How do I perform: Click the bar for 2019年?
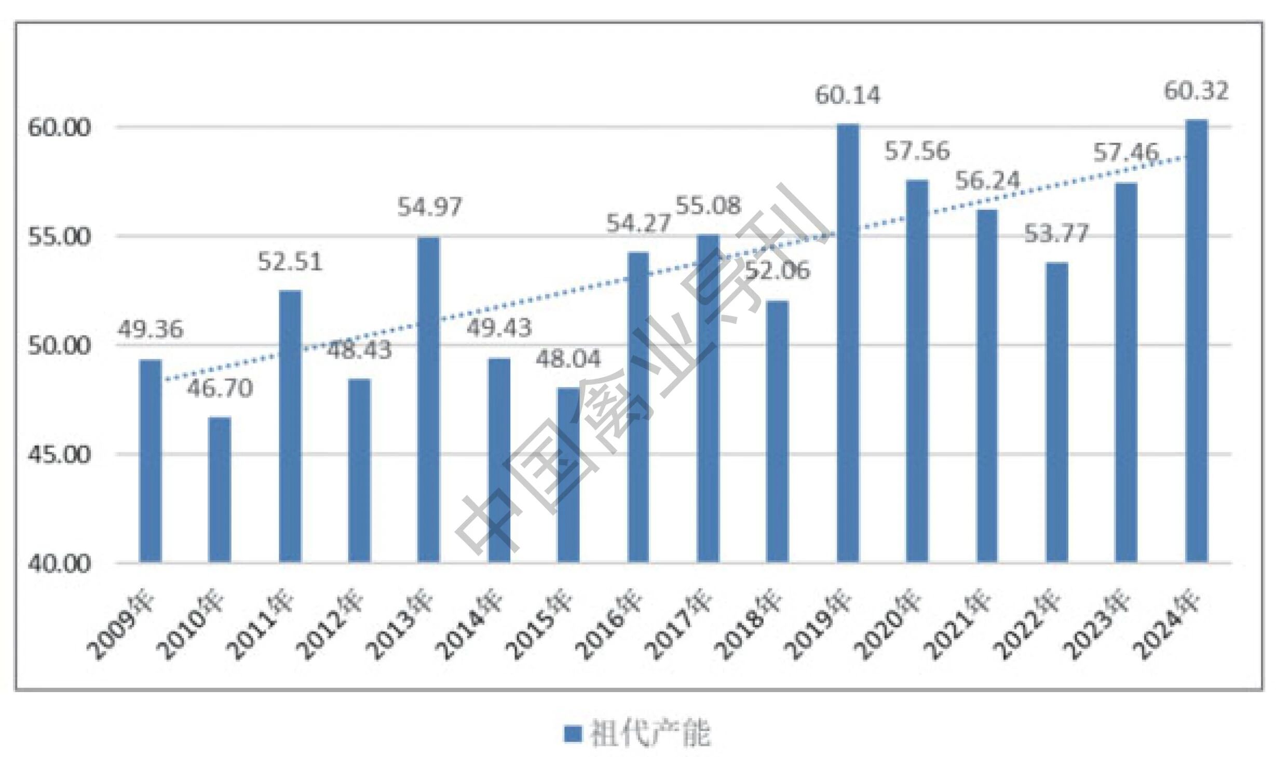848,343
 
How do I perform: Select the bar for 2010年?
220,490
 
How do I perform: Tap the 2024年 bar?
1197,341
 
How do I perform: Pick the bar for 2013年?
429,399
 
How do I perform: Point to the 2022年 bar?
1057,412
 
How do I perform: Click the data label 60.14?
848,96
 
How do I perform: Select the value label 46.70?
220,388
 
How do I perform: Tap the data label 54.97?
429,207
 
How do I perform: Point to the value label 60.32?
1196,91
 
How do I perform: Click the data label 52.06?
778,271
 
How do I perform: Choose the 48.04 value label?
568,359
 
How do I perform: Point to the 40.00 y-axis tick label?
59,564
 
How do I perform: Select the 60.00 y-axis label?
59,128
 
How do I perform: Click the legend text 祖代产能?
650,733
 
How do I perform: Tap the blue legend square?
573,733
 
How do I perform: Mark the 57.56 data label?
917,151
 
